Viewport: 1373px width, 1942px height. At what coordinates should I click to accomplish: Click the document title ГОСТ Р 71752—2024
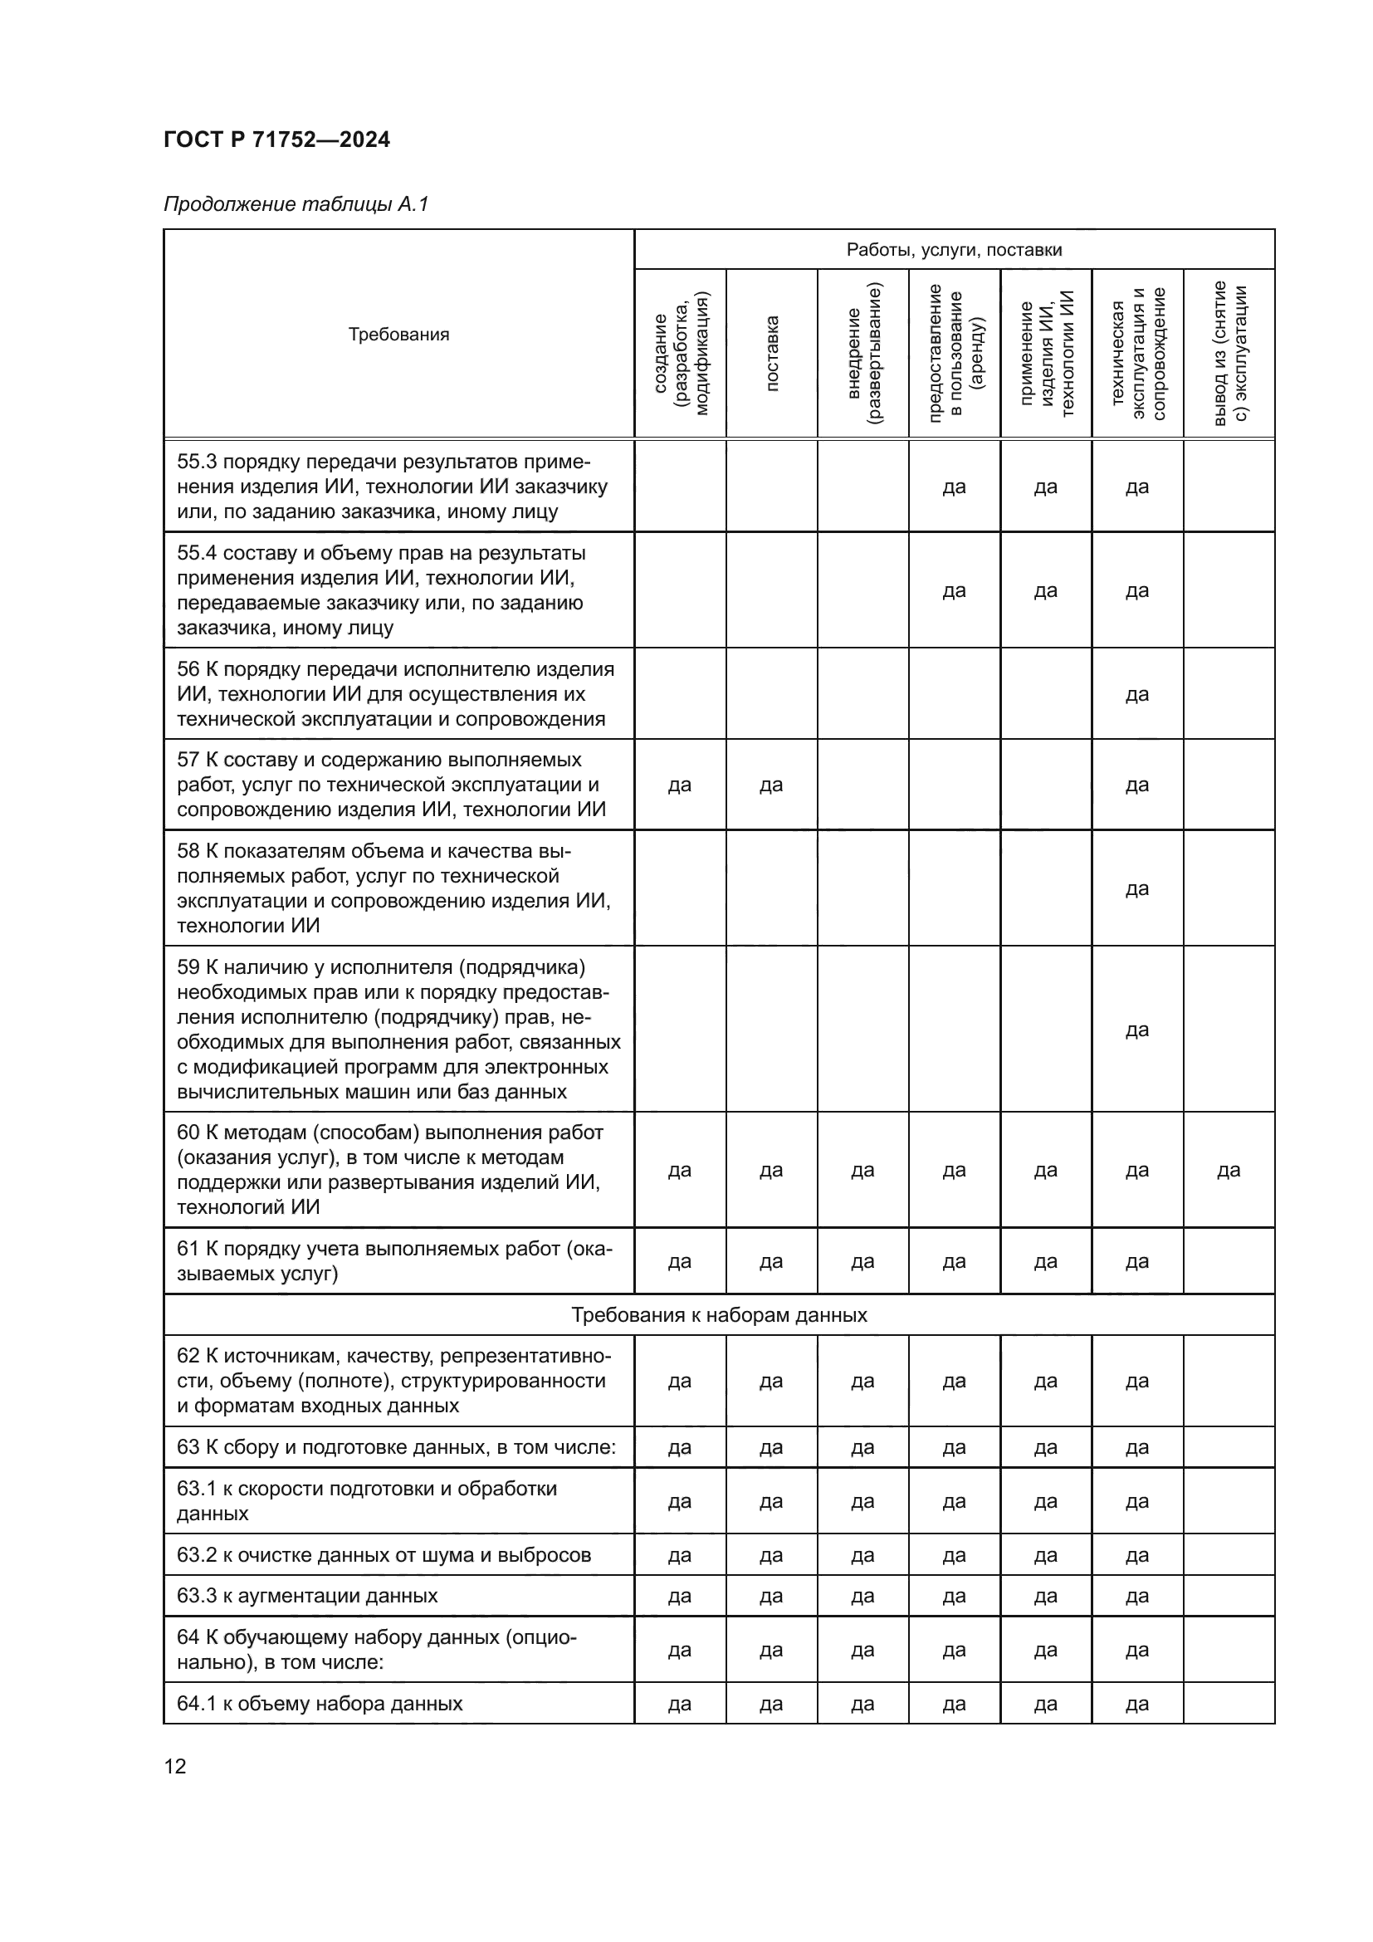pyautogui.click(x=276, y=139)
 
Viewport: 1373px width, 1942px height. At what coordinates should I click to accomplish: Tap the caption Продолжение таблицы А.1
pyautogui.click(x=296, y=204)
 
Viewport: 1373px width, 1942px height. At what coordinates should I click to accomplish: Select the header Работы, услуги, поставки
pyautogui.click(x=954, y=250)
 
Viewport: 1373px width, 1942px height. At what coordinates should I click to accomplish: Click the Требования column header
pyautogui.click(x=398, y=334)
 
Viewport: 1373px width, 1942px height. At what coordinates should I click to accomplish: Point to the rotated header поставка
pyautogui.click(x=771, y=354)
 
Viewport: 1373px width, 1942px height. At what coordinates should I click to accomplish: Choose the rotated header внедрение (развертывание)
pyautogui.click(x=862, y=354)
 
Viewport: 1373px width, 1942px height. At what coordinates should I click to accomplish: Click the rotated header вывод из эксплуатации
pyautogui.click(x=1229, y=354)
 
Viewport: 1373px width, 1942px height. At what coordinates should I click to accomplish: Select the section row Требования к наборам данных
pyautogui.click(x=719, y=1315)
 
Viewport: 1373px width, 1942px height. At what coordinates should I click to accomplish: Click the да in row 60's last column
pyautogui.click(x=1229, y=1171)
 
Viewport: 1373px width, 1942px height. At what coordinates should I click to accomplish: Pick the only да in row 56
pyautogui.click(x=1137, y=694)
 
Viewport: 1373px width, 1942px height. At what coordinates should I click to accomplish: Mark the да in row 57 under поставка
pyautogui.click(x=771, y=785)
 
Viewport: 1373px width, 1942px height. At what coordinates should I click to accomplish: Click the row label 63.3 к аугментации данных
pyautogui.click(x=307, y=1596)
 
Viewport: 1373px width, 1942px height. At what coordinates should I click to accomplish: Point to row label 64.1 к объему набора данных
pyautogui.click(x=320, y=1704)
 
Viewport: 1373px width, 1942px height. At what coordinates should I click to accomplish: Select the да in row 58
pyautogui.click(x=1137, y=889)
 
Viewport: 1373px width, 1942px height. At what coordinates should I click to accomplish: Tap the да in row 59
pyautogui.click(x=1137, y=1030)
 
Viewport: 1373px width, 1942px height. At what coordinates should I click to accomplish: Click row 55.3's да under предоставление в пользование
pyautogui.click(x=954, y=487)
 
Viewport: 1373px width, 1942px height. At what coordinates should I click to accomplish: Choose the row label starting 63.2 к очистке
pyautogui.click(x=383, y=1554)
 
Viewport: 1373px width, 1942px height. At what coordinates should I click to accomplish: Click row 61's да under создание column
pyautogui.click(x=680, y=1262)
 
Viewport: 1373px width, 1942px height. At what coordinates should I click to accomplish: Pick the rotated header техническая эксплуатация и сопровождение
pyautogui.click(x=1137, y=354)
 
